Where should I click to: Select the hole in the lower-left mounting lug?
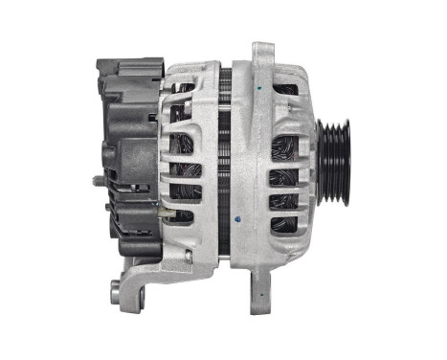pos(117,287)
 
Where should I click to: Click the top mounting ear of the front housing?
pos(260,55)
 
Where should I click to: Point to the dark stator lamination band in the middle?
pos(225,163)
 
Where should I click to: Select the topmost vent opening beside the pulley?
pos(284,91)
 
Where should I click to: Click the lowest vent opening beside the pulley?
pos(284,225)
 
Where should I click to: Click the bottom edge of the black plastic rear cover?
pos(129,251)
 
